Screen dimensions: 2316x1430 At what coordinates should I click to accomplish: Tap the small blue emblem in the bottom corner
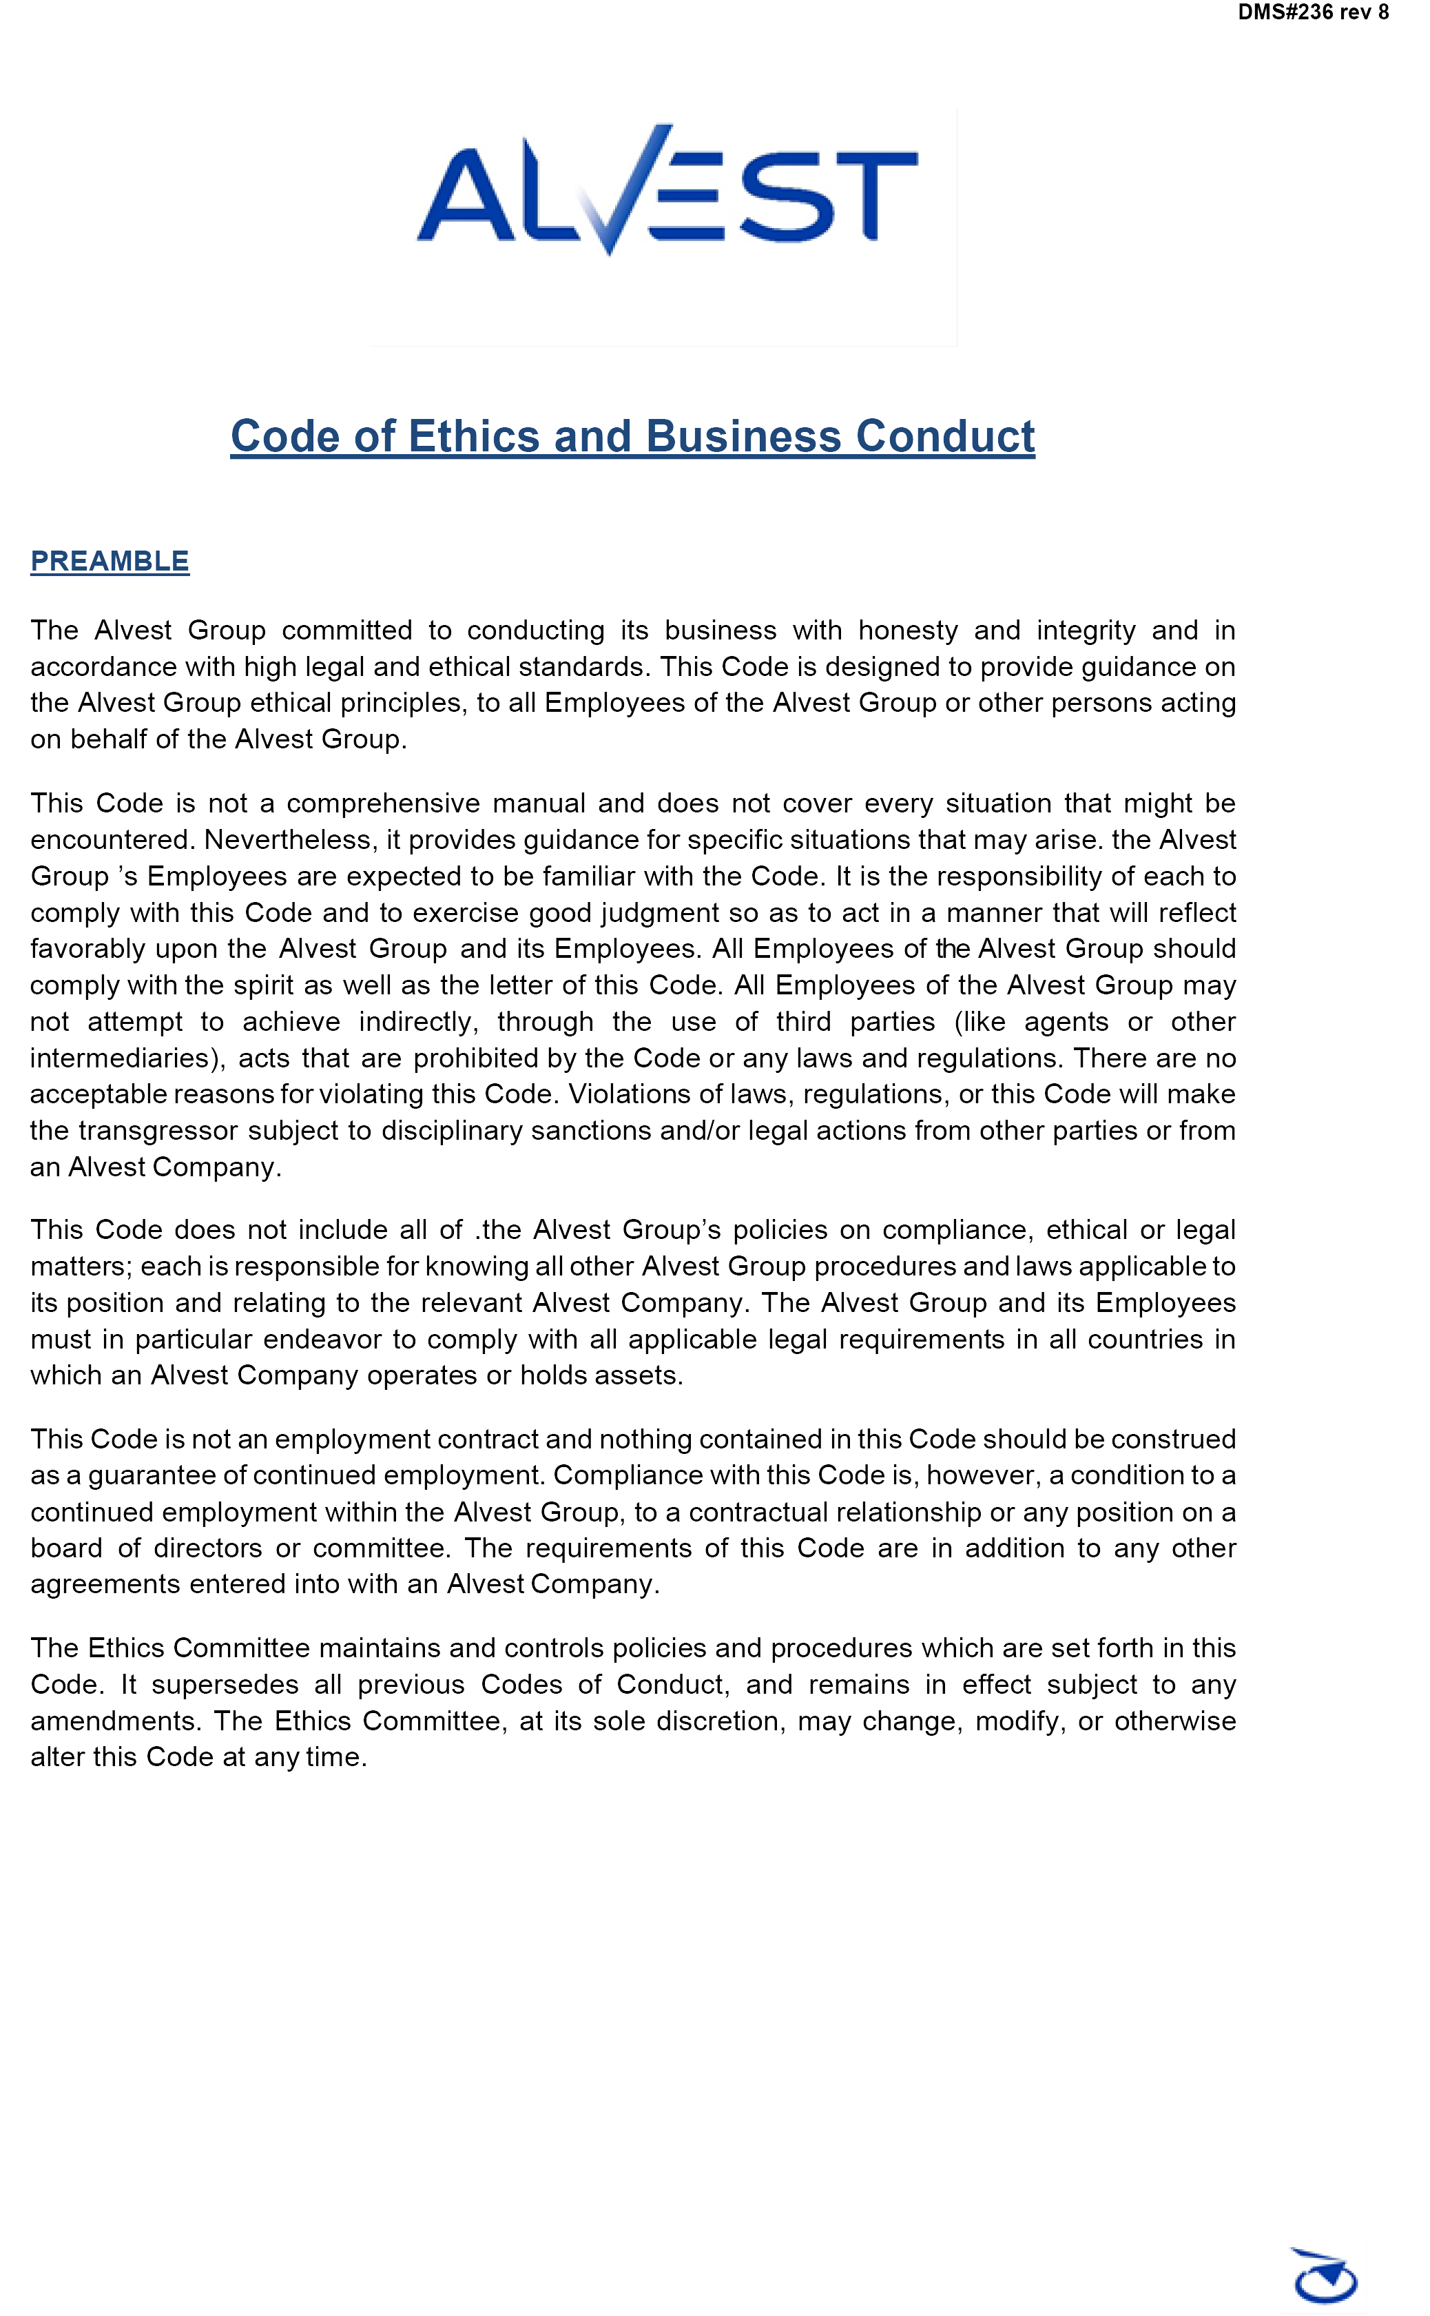[1325, 2277]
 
